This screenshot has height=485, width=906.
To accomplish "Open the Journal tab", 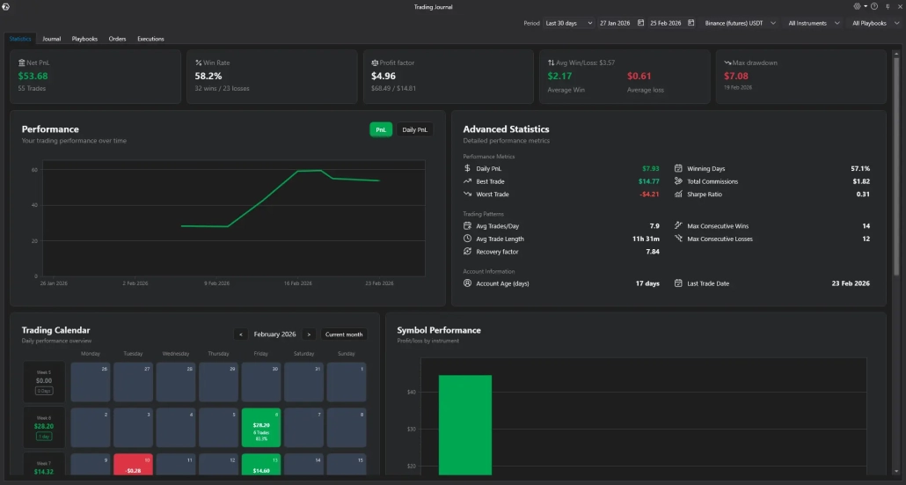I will [x=52, y=39].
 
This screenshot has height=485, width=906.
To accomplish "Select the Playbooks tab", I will [x=84, y=39].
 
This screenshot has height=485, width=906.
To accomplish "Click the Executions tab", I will [x=150, y=39].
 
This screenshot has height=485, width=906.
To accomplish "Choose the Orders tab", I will [x=117, y=39].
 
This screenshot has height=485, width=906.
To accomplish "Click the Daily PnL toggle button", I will [x=415, y=129].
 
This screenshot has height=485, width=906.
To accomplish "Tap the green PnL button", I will [x=381, y=129].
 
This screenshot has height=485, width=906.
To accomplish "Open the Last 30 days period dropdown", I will [x=568, y=23].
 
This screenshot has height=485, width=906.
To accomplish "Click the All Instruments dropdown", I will [x=813, y=23].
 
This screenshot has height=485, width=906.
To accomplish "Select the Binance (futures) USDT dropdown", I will [x=740, y=23].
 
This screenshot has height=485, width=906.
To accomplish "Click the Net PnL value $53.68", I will [x=33, y=77].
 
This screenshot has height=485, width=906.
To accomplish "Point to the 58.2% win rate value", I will [x=208, y=77].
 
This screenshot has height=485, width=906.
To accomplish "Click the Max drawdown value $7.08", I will [x=736, y=77].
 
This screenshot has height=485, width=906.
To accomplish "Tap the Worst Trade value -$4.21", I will [x=649, y=195].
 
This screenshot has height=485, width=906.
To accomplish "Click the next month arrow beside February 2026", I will [x=309, y=334].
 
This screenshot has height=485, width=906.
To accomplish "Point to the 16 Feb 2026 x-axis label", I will [x=298, y=283].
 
